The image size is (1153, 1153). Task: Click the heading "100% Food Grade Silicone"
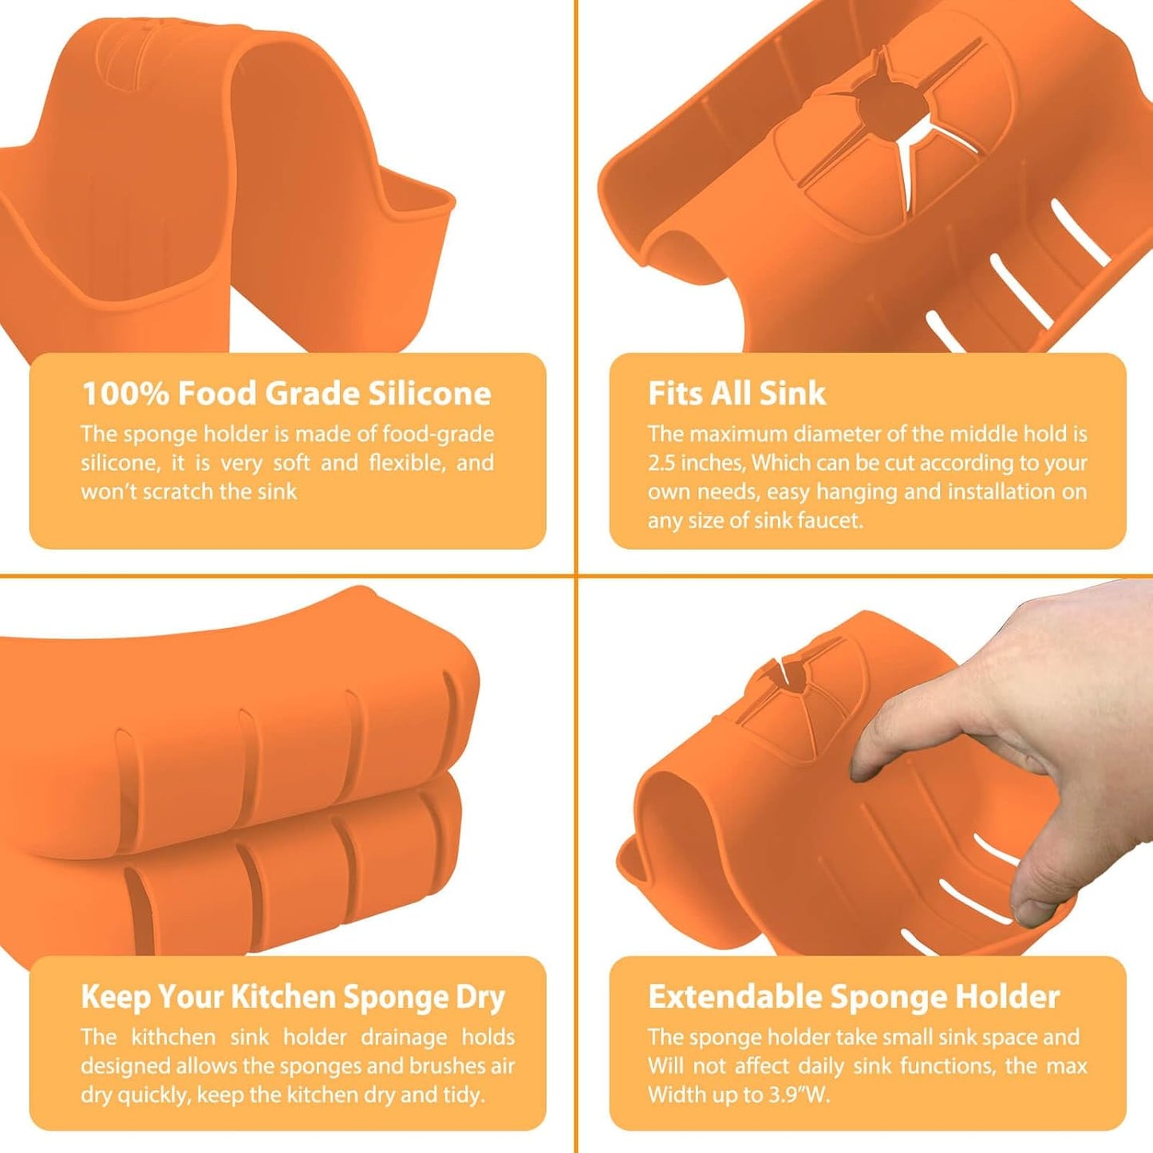(x=286, y=393)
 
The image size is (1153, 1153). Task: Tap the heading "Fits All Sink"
(x=737, y=393)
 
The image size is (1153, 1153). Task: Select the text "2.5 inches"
(x=696, y=463)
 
